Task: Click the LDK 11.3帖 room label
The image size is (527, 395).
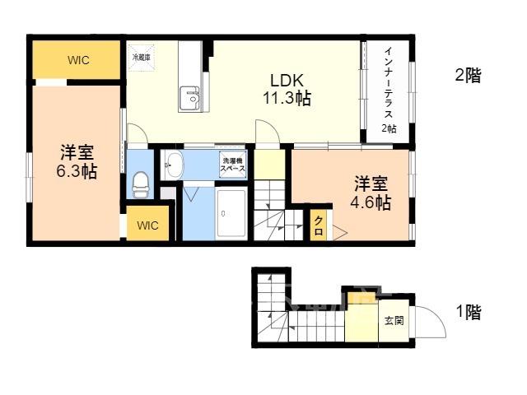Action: (x=287, y=90)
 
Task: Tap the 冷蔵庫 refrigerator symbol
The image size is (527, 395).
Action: (x=142, y=58)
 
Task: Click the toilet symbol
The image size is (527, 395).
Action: (x=141, y=185)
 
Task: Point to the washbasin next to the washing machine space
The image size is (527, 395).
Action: (x=174, y=165)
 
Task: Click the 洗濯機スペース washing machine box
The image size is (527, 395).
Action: (x=232, y=165)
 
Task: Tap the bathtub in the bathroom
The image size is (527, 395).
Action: (x=231, y=213)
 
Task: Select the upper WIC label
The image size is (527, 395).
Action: (x=78, y=60)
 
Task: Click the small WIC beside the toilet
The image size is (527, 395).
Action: (x=148, y=225)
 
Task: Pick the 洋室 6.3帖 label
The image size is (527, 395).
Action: (x=77, y=161)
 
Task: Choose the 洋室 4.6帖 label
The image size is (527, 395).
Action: (x=371, y=193)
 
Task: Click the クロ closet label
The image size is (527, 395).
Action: (x=319, y=225)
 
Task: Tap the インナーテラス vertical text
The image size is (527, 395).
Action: (x=389, y=82)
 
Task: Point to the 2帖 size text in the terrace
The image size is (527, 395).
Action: (x=389, y=128)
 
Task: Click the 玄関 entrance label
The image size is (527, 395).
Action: (x=394, y=321)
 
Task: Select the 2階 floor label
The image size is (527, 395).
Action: (x=469, y=75)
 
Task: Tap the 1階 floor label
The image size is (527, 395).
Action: (x=469, y=313)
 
